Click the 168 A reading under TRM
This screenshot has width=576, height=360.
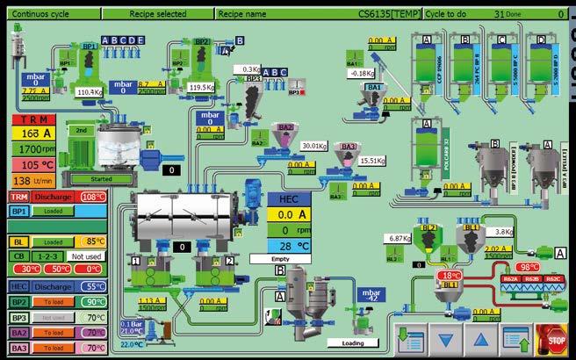(31, 133)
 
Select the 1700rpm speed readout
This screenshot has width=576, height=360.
(31, 149)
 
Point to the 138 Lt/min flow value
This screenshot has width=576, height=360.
(31, 181)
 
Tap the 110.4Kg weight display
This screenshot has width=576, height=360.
(90, 91)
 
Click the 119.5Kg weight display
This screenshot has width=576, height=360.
(202, 87)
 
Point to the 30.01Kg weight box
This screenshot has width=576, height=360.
(313, 146)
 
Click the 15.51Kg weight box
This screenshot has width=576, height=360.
(373, 161)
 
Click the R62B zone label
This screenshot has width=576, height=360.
(533, 279)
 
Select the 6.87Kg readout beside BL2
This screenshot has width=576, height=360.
(400, 238)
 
